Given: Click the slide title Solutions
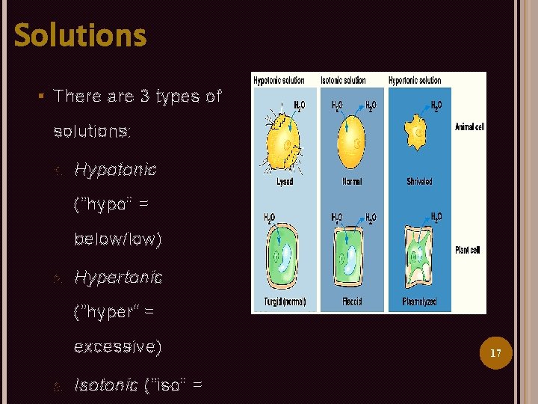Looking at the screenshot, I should click(x=81, y=35).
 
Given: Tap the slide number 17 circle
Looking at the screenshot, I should click(x=495, y=352).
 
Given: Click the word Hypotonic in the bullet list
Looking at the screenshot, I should click(x=116, y=169).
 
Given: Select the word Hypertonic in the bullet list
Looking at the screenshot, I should click(x=119, y=277).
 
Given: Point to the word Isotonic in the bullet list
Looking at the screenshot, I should click(x=105, y=385).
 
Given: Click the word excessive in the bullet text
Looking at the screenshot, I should click(x=117, y=347).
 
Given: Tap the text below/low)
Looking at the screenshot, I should click(x=117, y=239).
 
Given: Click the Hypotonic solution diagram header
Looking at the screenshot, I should click(x=279, y=80).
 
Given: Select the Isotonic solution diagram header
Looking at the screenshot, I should click(x=343, y=80).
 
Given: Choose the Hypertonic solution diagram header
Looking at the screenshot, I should click(x=414, y=80).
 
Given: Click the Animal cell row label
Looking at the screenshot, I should click(x=469, y=127).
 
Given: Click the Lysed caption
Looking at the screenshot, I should click(x=284, y=182).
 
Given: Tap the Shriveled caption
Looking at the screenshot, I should click(x=419, y=182).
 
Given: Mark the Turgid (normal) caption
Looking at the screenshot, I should click(x=284, y=302).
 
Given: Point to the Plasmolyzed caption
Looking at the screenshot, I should click(x=419, y=302).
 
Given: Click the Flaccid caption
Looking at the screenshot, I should click(x=352, y=302).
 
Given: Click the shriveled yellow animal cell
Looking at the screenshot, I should click(x=419, y=134).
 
